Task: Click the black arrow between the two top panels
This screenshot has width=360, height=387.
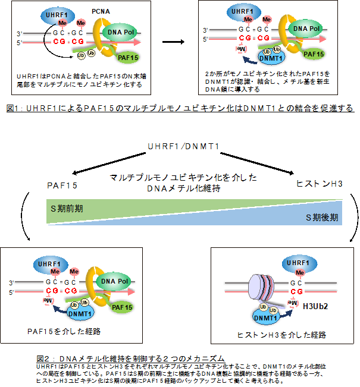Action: click(x=173, y=43)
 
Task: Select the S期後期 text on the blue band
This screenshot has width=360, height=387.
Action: click(x=322, y=218)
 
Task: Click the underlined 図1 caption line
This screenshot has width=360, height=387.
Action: click(x=180, y=108)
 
